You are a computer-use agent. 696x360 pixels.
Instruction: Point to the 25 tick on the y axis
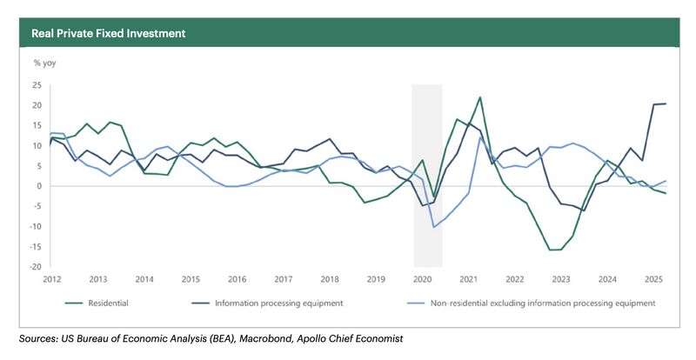37,85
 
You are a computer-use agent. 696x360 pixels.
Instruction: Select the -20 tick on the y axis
36,267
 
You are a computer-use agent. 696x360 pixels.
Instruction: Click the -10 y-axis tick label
36,227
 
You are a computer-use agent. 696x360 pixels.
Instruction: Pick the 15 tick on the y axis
37,126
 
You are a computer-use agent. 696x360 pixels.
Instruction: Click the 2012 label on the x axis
53,280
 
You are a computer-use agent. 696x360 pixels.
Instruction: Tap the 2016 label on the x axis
237,280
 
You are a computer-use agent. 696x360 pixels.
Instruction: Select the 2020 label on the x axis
421,280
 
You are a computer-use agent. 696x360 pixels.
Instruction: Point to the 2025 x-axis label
652,280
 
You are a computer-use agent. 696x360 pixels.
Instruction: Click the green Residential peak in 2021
480,97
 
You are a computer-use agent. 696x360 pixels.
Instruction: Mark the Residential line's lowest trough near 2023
553,250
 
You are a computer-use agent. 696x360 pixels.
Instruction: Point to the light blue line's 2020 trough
433,227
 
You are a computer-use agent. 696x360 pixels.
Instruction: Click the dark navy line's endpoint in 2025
666,103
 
